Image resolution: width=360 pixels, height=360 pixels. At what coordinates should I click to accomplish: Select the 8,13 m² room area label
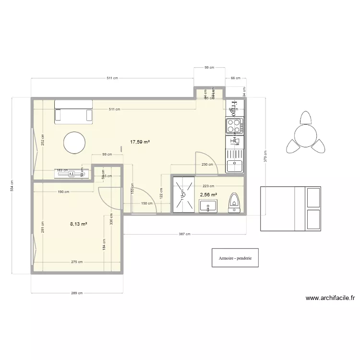[x=78, y=224]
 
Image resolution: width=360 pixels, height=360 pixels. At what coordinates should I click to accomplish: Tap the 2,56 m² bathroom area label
[x=208, y=195]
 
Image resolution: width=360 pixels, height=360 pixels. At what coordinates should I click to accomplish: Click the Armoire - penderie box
[x=235, y=258]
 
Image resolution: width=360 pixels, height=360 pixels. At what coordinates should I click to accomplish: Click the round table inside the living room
[x=74, y=143]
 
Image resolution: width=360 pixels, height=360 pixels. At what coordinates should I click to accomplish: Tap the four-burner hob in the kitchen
[x=234, y=126]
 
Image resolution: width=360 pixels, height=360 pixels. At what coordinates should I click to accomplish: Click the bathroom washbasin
[x=208, y=206]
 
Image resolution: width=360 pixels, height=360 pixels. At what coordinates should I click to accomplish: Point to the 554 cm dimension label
[x=12, y=185]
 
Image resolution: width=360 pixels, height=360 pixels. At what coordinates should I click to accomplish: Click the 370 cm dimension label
[x=265, y=156]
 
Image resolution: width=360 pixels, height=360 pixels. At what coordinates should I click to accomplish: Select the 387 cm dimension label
[x=185, y=234]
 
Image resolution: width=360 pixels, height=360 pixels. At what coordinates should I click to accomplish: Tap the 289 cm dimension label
[x=77, y=293]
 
